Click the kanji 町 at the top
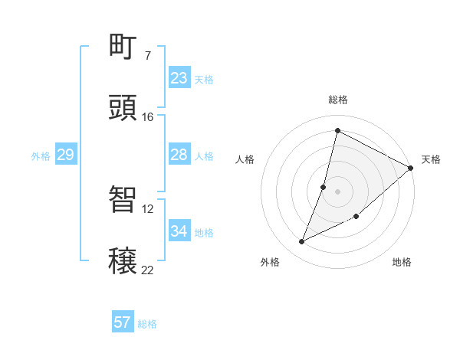(123, 47)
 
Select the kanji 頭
(123, 108)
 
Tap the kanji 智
(123, 200)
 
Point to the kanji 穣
(123, 261)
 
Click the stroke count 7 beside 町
(147, 56)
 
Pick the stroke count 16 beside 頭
(147, 117)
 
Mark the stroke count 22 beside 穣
(147, 270)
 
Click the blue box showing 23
(179, 78)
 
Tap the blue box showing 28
(179, 155)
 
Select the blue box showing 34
(179, 231)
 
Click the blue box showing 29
(65, 155)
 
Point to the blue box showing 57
(123, 322)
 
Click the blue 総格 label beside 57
(147, 324)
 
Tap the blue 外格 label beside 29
(41, 156)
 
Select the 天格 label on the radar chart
(431, 159)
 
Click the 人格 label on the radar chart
(245, 159)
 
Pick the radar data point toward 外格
(302, 242)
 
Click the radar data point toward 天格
(411, 168)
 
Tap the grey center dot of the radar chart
(337, 191)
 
